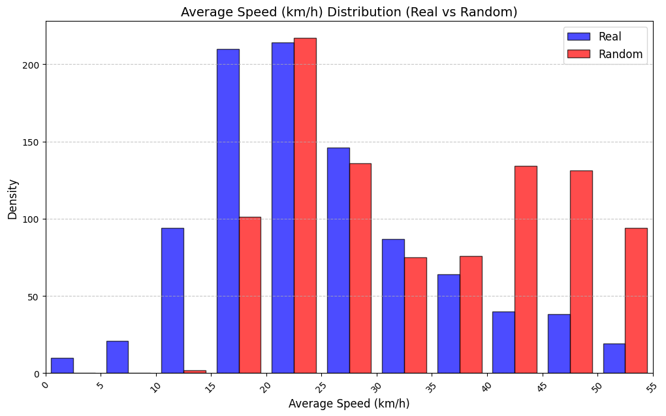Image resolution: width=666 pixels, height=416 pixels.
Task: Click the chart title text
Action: pyautogui.click(x=349, y=12)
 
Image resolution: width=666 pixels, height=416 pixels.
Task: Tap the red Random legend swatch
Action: pyautogui.click(x=578, y=54)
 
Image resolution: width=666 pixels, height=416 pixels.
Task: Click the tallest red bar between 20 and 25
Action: pyautogui.click(x=305, y=206)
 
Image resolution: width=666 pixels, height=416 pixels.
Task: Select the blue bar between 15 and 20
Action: pyautogui.click(x=228, y=211)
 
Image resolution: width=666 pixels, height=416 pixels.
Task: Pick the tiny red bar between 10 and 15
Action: pyautogui.click(x=195, y=372)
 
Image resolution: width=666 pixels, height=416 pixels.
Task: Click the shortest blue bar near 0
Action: pyautogui.click(x=62, y=366)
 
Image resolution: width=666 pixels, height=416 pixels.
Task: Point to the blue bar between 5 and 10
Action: pyautogui.click(x=118, y=357)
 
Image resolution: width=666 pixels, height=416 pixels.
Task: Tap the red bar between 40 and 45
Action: pyautogui.click(x=526, y=270)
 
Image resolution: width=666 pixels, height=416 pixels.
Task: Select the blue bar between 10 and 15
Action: pyautogui.click(x=172, y=300)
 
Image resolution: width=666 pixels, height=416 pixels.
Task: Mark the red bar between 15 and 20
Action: pyautogui.click(x=250, y=295)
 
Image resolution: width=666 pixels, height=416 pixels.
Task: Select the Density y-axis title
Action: pyautogui.click(x=12, y=199)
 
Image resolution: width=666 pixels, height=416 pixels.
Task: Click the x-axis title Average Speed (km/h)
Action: pyautogui.click(x=349, y=404)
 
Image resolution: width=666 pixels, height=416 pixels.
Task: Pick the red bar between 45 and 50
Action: pyautogui.click(x=581, y=272)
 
